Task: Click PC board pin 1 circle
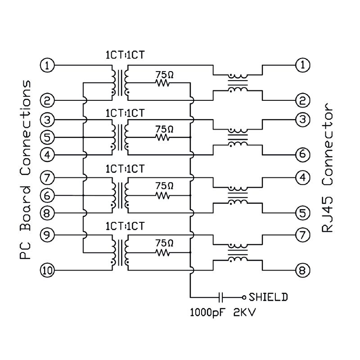click(x=47, y=65)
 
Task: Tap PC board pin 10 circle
click(x=47, y=270)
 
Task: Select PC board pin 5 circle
click(x=47, y=137)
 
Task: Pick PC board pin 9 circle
click(x=47, y=235)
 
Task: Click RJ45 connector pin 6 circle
click(x=303, y=154)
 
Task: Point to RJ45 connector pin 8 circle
click(x=303, y=270)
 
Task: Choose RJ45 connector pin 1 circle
click(x=303, y=65)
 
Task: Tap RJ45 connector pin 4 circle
click(x=303, y=177)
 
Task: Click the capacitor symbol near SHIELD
click(x=220, y=297)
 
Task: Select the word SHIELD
click(x=268, y=297)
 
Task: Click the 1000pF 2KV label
click(x=223, y=312)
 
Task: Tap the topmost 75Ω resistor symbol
click(x=162, y=83)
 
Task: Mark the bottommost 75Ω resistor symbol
click(x=162, y=252)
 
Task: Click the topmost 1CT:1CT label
click(x=125, y=55)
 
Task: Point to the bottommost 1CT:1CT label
click(x=125, y=226)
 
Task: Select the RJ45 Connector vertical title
click(x=328, y=167)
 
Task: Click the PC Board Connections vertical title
click(x=25, y=170)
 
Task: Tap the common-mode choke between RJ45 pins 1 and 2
click(x=238, y=83)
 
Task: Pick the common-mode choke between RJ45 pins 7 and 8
click(x=238, y=252)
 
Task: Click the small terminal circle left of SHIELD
click(x=244, y=297)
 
